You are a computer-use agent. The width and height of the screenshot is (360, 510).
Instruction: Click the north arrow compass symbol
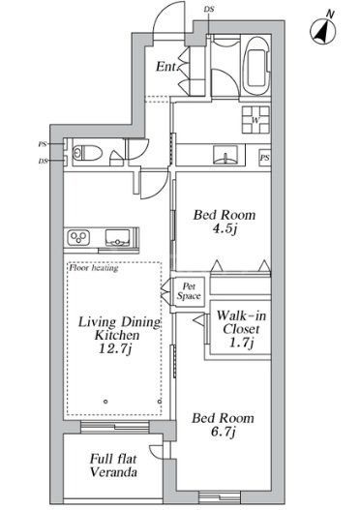tap(323, 31)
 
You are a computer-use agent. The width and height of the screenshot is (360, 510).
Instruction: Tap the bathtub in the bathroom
tap(256, 65)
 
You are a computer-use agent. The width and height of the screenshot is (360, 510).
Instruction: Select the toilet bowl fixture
tap(87, 153)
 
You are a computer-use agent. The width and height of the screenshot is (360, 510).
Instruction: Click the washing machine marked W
tap(255, 120)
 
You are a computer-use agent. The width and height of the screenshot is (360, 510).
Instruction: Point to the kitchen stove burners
tap(78, 236)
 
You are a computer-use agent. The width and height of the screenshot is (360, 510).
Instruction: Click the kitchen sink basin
tap(117, 237)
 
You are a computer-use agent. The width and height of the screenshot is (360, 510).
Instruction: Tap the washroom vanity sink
tap(225, 155)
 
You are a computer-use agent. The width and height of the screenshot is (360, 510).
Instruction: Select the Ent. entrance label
tap(166, 67)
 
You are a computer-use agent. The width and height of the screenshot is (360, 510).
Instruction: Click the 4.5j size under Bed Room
tap(225, 229)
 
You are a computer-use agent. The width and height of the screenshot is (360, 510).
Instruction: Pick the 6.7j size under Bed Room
tap(223, 432)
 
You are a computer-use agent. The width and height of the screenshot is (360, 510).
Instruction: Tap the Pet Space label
tap(189, 291)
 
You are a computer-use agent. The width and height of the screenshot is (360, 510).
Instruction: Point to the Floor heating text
tap(94, 268)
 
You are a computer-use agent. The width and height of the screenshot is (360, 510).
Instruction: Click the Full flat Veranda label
tap(113, 465)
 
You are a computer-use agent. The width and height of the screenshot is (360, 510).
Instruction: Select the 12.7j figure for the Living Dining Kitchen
tap(115, 348)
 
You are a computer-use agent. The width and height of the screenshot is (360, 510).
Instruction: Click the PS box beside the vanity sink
tap(265, 158)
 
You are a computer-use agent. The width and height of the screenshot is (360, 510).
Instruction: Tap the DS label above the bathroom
tap(209, 9)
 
